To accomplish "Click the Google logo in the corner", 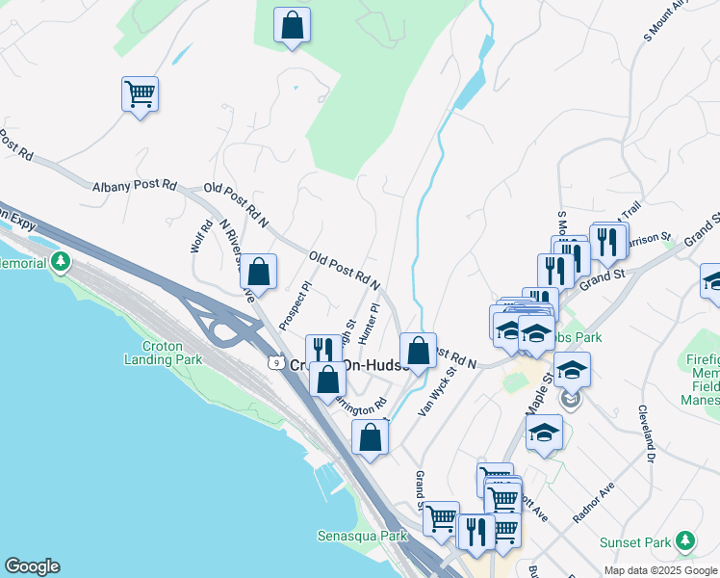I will click(x=32, y=566).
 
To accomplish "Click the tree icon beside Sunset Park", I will click(x=685, y=540).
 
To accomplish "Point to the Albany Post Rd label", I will click(x=136, y=185).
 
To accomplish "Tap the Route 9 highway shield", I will click(x=275, y=363).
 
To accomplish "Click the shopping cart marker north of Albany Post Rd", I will click(x=140, y=94).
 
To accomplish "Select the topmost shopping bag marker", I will click(x=292, y=25).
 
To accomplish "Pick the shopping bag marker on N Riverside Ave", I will click(x=258, y=272).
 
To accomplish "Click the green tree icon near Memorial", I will click(x=62, y=261).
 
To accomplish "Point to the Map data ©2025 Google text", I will click(x=659, y=570).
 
